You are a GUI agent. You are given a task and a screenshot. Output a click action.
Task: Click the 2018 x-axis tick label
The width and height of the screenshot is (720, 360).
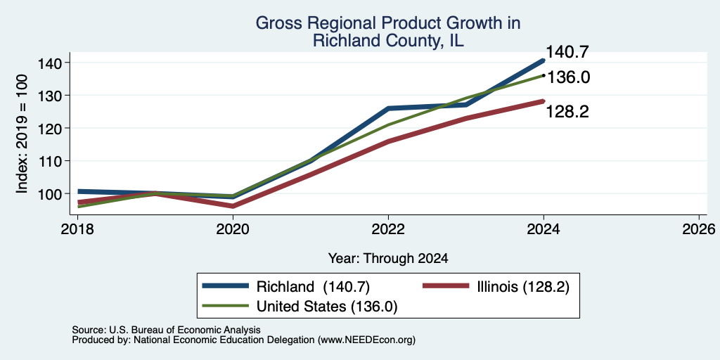pos(77,229)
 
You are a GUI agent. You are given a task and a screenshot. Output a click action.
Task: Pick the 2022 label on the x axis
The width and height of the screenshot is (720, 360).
pos(388,229)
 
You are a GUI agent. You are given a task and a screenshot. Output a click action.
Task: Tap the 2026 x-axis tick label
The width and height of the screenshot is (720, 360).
pos(700,229)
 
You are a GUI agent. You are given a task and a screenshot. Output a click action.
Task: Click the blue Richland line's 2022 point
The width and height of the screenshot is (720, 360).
pos(388,108)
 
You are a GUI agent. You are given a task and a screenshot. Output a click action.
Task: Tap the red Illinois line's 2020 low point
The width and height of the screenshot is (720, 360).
pos(233,206)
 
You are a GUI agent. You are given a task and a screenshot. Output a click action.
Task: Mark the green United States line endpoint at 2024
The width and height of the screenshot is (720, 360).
pos(544,75)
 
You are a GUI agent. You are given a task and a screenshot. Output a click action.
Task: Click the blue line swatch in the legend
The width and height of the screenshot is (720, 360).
pos(226,287)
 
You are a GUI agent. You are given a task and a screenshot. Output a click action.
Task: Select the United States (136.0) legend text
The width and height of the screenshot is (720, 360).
pos(327,307)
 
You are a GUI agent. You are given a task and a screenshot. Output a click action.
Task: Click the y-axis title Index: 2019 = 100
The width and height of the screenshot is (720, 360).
pos(22,134)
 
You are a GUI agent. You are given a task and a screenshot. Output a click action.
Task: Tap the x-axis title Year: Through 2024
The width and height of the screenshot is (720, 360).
pos(388,259)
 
